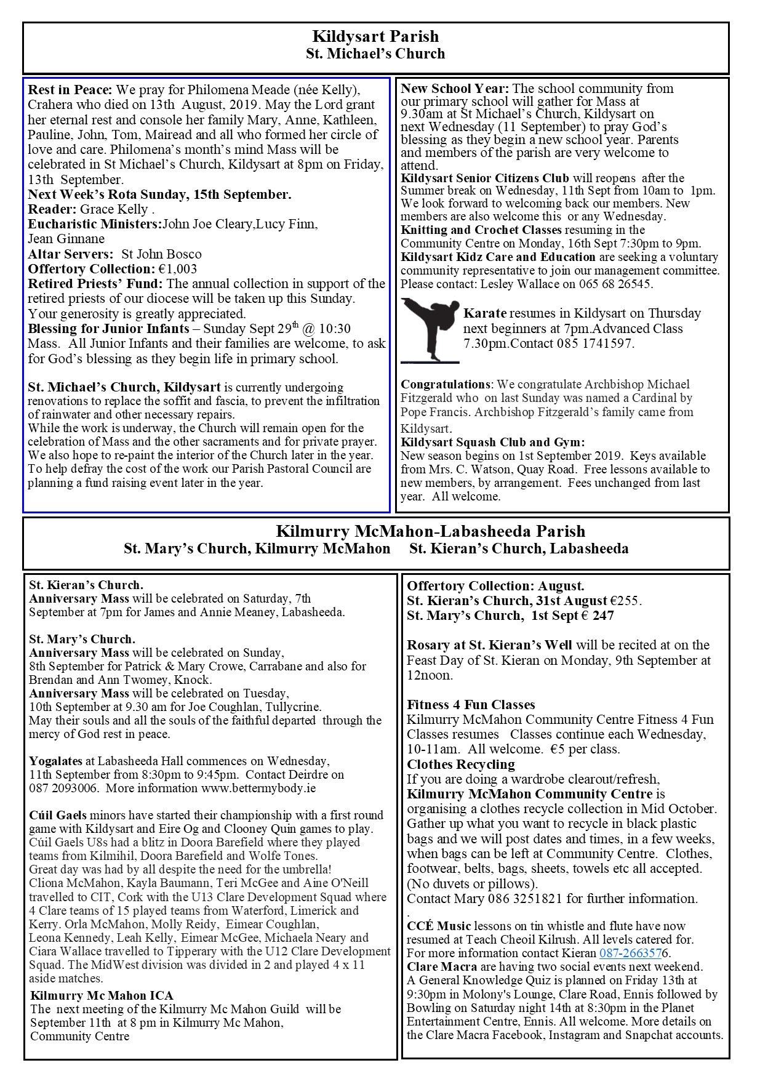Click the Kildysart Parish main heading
pos(375,36)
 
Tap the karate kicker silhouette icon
pos(430,329)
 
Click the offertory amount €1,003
pos(177,269)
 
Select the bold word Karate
pos(485,313)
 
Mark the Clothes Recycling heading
pos(461,765)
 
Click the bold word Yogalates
pos(56,761)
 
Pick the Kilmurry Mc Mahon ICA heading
pos(102,995)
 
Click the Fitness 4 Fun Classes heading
pos(471,705)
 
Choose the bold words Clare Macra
pos(435,966)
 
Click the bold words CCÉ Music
pos(439,926)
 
